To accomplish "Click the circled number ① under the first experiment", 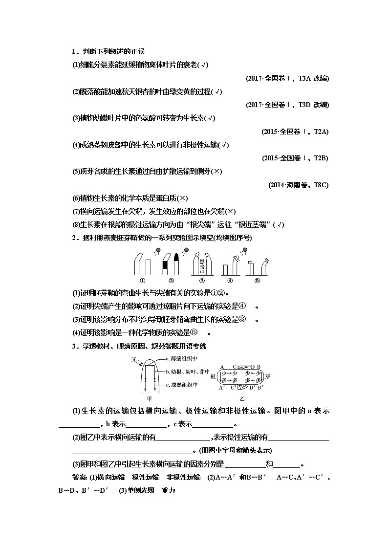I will (x=143, y=281).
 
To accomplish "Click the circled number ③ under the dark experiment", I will (x=202, y=281).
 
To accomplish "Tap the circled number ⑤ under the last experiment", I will (x=258, y=281).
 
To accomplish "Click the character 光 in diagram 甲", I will (x=134, y=359).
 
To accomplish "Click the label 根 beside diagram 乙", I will (x=213, y=376).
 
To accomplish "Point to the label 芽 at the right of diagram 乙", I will (x=268, y=376).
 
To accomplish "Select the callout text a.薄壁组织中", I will (x=182, y=358).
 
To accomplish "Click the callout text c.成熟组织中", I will (x=182, y=385).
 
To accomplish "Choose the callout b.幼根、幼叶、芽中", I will (x=187, y=372).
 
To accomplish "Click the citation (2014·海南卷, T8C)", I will (x=299, y=185).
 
